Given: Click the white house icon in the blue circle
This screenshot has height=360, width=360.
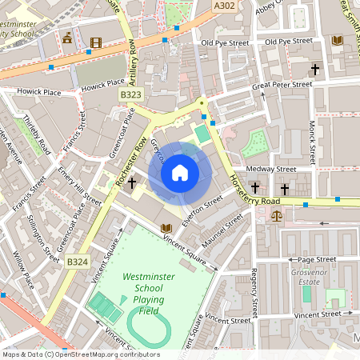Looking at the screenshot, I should pos(180,172).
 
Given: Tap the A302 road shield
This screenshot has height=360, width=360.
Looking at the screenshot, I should pos(225,6).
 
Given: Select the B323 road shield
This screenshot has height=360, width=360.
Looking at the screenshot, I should pos(131,94).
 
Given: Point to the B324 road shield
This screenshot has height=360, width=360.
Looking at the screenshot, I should pos(77,262).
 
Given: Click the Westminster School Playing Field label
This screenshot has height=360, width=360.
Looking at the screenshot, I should pos(144,294).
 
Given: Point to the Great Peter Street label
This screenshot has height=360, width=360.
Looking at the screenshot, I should pos(282,84).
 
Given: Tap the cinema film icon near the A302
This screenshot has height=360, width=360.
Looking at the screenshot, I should pos(96,42).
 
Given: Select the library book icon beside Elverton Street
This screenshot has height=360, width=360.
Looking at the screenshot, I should pos(166,229).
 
